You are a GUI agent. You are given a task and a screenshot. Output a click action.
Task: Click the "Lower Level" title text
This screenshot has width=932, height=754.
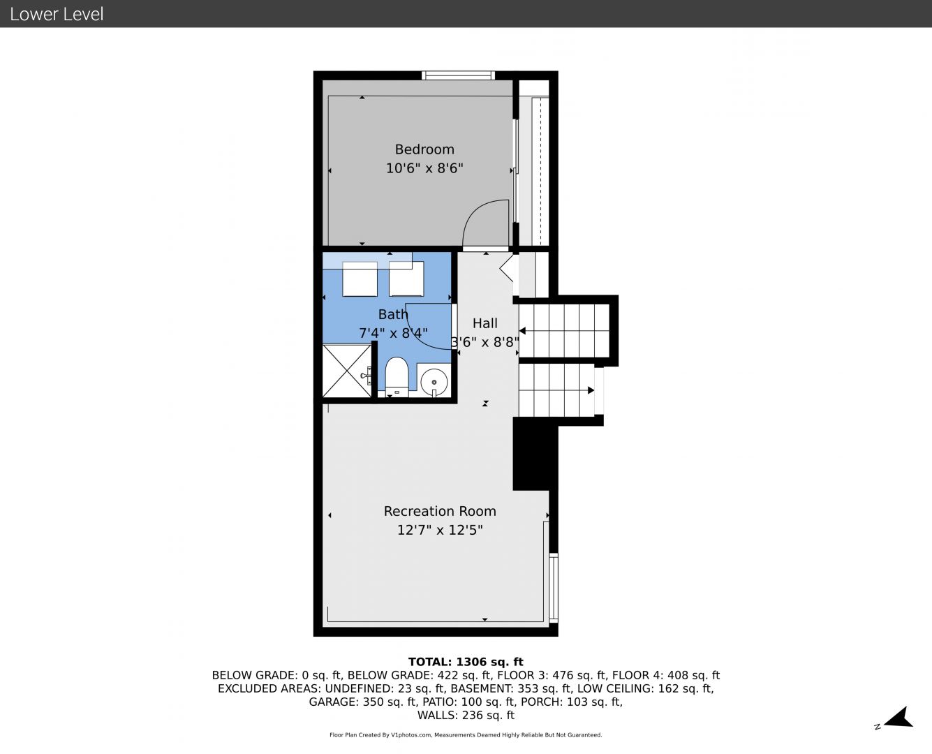coord(57,14)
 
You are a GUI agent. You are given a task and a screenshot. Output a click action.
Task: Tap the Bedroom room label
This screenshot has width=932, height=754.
coord(424,149)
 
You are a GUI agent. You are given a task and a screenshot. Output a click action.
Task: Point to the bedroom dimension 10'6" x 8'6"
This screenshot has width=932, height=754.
coord(424,168)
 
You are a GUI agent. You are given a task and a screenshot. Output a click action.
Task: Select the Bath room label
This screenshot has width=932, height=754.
coord(393,314)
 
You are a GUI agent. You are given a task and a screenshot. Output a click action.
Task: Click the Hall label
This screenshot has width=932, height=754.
coord(485,323)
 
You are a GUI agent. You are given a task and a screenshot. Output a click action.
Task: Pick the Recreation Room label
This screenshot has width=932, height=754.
coord(440,511)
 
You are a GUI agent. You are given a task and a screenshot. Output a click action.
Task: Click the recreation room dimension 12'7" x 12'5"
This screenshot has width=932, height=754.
coord(440,530)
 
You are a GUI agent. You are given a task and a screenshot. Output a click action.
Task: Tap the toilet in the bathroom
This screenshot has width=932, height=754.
coord(397,377)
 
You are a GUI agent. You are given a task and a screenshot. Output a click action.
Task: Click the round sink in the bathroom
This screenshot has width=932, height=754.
coord(434,382)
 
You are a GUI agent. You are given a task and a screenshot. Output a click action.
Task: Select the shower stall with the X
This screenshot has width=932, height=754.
coord(347,371)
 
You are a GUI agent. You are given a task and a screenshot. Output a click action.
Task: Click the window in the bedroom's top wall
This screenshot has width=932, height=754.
coord(458,75)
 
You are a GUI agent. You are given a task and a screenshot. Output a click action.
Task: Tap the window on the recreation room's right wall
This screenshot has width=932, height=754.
coord(554,587)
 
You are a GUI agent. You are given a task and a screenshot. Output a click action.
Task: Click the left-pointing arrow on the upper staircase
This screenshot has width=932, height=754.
coord(522,331)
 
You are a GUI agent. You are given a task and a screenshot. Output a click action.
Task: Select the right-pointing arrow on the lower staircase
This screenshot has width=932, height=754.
coord(591,390)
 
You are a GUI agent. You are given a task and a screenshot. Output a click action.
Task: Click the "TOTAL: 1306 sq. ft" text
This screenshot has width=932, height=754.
coord(466,662)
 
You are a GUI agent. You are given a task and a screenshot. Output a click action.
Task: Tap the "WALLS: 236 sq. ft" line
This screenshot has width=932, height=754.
coord(466,715)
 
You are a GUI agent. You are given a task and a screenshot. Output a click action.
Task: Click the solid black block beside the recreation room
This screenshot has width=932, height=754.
coord(535,453)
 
